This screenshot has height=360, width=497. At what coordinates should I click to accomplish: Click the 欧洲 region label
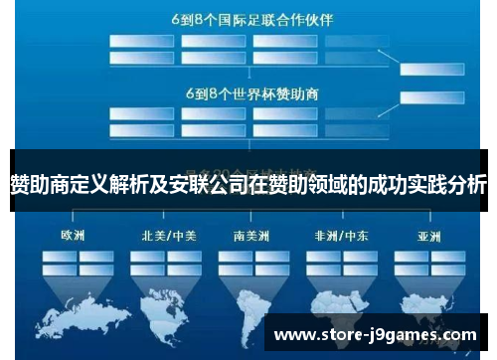(73, 237)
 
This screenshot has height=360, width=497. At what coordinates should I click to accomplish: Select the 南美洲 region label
(249, 237)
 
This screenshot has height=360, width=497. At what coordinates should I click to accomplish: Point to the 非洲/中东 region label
(341, 237)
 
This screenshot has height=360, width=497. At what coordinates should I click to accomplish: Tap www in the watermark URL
(295, 335)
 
